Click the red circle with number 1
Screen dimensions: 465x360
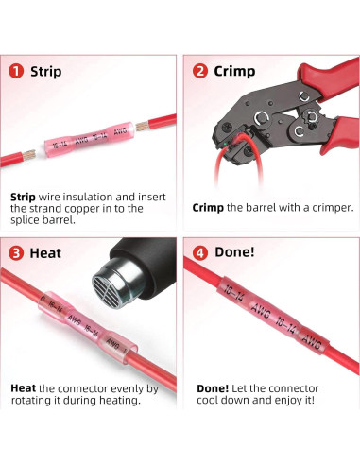click(x=16, y=71)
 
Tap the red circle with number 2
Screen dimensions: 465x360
click(x=199, y=71)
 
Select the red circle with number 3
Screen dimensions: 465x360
click(x=16, y=253)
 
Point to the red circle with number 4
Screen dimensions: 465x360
click(x=199, y=253)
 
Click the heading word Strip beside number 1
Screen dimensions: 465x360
click(x=46, y=71)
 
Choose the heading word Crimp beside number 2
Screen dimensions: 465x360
click(x=235, y=71)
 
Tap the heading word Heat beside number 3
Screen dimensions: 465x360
click(x=46, y=253)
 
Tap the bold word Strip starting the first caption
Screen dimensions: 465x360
click(x=26, y=195)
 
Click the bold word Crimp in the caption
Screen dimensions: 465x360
click(x=210, y=208)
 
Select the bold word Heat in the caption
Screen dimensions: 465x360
click(x=24, y=387)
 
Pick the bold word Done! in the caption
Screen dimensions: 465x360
click(x=212, y=387)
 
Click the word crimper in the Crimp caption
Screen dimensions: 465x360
click(x=328, y=208)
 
